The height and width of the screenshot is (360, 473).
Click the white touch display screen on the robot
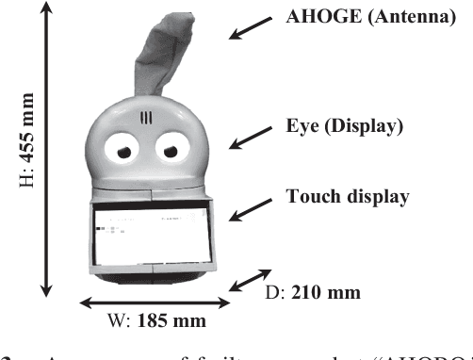pos(155,236)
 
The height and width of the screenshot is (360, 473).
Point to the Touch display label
pos(347,198)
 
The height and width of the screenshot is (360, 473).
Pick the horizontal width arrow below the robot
pos(155,302)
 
